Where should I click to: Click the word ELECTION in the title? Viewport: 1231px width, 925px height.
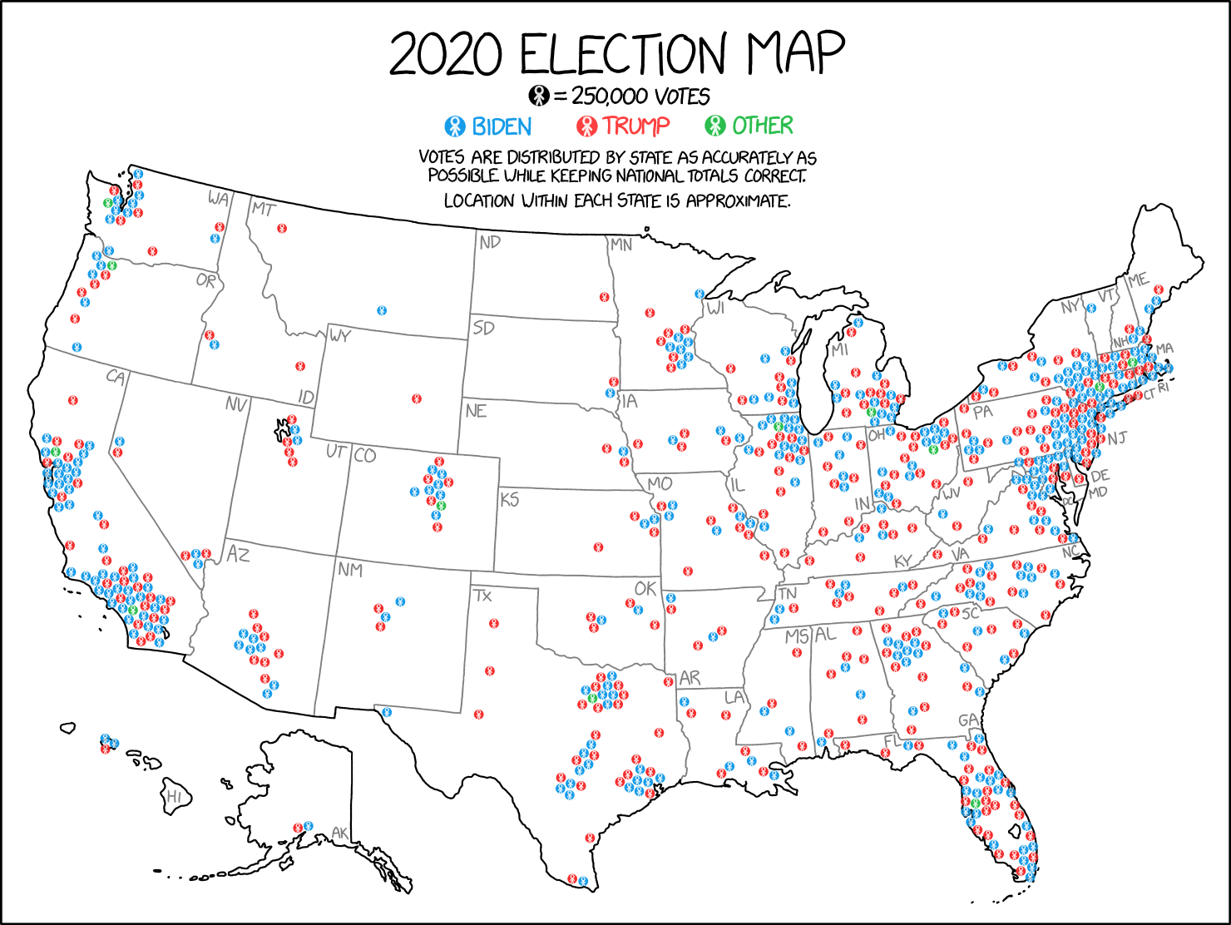623,55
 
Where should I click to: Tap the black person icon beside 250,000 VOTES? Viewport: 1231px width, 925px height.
539,96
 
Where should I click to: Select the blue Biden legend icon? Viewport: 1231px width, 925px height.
454,126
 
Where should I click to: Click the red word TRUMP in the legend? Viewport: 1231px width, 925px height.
636,126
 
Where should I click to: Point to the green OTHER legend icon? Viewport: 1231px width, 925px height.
715,126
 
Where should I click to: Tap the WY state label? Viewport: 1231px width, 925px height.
339,336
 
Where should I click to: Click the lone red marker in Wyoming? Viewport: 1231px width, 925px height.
417,399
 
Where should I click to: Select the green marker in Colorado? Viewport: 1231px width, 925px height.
441,506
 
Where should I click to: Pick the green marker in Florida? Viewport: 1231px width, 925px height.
976,803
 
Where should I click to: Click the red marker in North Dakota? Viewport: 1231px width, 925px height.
605,297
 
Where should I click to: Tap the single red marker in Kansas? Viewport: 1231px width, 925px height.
598,547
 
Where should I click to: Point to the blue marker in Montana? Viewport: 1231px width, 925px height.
382,310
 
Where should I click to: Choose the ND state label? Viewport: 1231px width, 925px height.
490,242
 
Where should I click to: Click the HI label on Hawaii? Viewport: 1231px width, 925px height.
174,796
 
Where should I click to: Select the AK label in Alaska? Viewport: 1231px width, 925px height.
339,833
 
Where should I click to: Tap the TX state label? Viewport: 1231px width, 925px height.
482,596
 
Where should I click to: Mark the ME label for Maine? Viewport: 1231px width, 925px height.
1138,280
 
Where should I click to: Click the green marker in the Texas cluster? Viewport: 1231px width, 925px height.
592,697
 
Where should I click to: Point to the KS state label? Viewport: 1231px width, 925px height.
509,500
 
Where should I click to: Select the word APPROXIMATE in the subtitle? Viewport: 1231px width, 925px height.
737,200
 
